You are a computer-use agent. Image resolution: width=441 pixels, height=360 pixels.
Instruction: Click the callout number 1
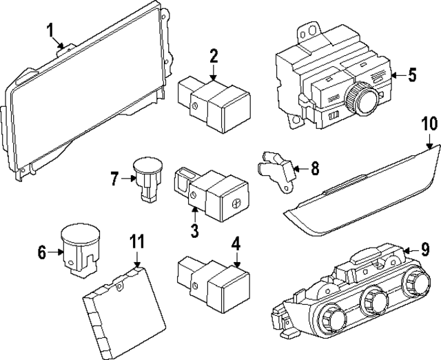coord(50,30)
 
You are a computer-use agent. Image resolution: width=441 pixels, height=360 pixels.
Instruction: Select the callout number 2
coord(214,56)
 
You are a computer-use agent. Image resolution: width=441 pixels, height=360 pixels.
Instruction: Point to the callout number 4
coord(236,243)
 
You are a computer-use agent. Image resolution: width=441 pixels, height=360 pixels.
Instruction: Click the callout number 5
coord(411,74)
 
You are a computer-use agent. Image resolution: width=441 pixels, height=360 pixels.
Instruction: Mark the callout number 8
coord(314,167)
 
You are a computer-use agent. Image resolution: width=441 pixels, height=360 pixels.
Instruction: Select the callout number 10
coord(429,124)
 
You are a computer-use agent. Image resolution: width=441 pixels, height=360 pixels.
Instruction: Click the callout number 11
coord(137,242)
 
